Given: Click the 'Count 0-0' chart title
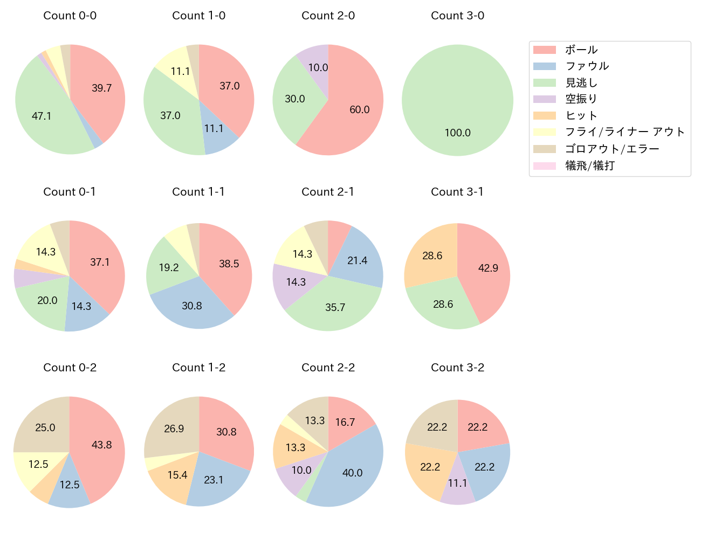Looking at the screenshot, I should [70, 16].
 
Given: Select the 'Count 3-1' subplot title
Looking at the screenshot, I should [457, 192].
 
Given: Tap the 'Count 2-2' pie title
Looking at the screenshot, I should [328, 368].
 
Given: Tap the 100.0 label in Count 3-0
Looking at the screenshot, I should [458, 133].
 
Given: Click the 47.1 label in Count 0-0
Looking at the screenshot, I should [42, 116].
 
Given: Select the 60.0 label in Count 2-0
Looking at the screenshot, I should [360, 109].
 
